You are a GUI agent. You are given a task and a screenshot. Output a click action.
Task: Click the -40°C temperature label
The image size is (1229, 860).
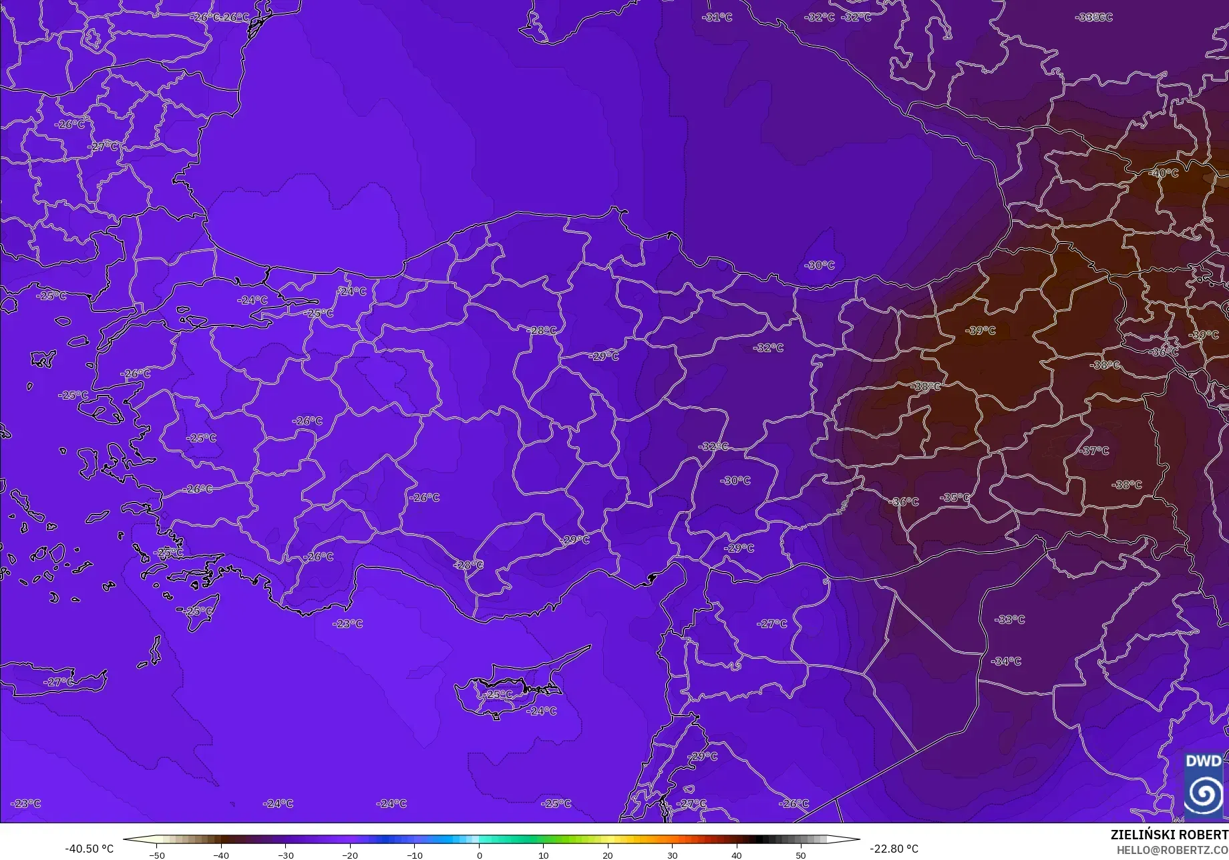(x=1164, y=173)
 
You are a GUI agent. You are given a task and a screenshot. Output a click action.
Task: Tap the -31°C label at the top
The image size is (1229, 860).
(x=718, y=17)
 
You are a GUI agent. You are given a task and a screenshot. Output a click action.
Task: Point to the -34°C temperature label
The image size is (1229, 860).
(x=1007, y=662)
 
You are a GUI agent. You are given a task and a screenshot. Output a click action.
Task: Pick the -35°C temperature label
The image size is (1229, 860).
(x=954, y=498)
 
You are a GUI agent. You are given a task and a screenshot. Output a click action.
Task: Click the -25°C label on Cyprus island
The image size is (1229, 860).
(x=498, y=695)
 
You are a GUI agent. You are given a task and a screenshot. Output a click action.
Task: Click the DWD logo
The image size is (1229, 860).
(x=1203, y=785)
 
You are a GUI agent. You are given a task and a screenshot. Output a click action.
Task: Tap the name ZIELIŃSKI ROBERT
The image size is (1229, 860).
(x=1169, y=835)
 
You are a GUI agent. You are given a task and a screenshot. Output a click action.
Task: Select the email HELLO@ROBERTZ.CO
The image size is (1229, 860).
(x=1173, y=849)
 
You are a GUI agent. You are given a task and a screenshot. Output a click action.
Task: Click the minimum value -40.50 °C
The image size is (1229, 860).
(x=89, y=849)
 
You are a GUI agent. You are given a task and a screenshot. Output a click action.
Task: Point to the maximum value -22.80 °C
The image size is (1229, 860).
(x=894, y=849)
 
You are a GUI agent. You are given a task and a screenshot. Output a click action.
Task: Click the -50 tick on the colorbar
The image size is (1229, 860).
(x=157, y=855)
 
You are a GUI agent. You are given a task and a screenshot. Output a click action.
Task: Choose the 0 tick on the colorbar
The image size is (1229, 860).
(x=479, y=855)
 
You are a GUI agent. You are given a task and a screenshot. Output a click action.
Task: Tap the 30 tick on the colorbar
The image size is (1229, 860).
(x=672, y=855)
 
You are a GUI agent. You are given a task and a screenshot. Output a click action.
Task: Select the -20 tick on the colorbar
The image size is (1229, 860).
(x=350, y=855)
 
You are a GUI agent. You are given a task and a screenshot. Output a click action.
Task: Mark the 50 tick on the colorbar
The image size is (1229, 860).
(x=801, y=855)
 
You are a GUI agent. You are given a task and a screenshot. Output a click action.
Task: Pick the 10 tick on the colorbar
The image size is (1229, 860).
(x=543, y=855)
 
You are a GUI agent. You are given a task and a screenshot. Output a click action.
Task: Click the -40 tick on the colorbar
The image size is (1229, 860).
(x=221, y=855)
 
